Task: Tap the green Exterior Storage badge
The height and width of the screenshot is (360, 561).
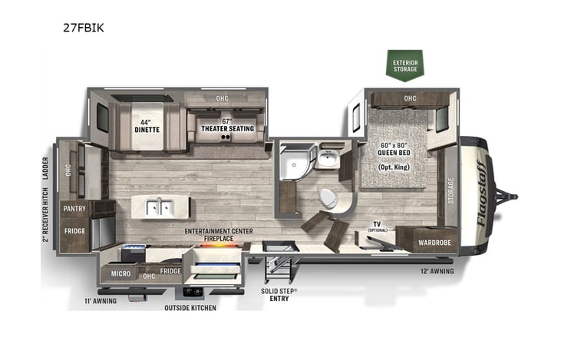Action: point(404,65)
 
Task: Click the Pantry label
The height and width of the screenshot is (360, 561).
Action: point(74,208)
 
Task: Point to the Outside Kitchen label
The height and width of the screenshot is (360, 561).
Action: point(190,308)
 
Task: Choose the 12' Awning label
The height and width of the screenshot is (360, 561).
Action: point(437,271)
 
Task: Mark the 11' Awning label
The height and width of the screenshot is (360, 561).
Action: point(100,300)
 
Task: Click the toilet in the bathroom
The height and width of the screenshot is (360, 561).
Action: point(328,199)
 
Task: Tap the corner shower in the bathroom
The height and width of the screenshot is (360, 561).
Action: point(292,161)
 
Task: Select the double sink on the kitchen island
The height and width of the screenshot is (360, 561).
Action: point(160,206)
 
